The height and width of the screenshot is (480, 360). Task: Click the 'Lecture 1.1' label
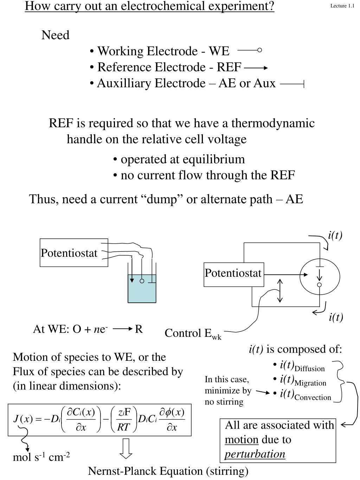pos(342,6)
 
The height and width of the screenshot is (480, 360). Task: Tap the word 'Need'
pos(55,35)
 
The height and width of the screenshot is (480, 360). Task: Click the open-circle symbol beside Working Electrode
pos(259,50)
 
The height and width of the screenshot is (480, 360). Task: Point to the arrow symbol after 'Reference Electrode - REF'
pos(256,68)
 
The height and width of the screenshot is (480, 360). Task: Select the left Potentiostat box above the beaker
pos(73,252)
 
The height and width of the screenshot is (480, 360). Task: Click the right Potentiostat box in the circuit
pos(233,273)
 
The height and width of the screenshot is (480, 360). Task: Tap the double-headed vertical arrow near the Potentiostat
pos(280,290)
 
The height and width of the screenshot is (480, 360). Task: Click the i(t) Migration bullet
pos(303,381)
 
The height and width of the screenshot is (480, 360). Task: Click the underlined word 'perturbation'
pos(255,454)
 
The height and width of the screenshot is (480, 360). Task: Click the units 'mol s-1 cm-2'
pos(41,457)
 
